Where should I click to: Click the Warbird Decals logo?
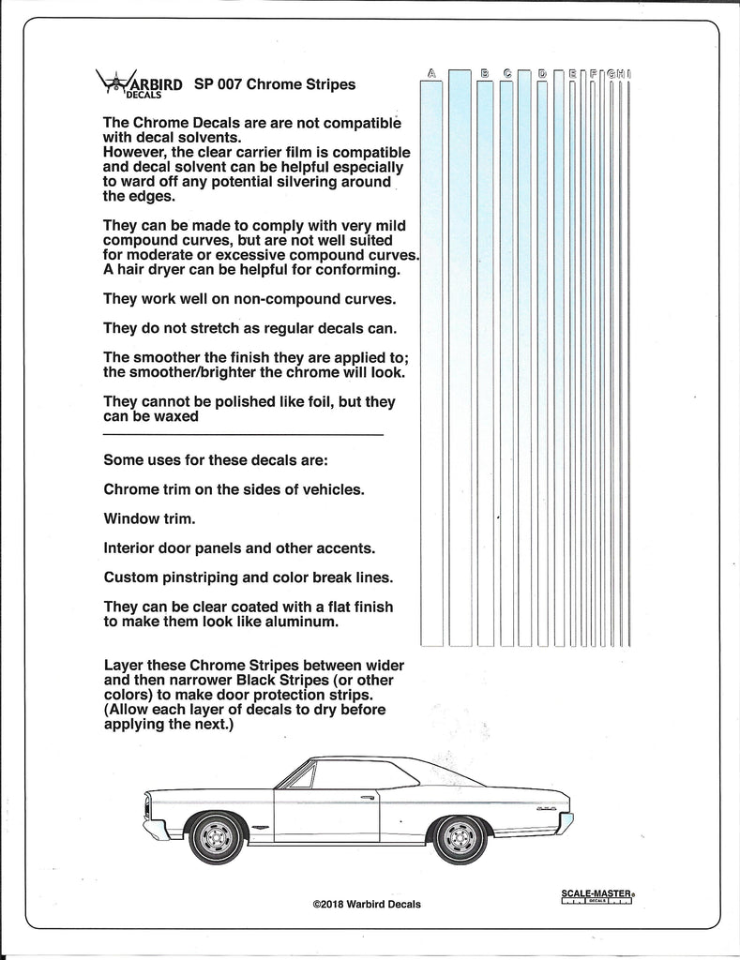point(139,86)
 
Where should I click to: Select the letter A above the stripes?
point(431,73)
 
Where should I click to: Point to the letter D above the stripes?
point(542,73)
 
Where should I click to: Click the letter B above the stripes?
point(485,73)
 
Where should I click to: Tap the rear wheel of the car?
point(461,837)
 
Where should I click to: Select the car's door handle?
point(368,798)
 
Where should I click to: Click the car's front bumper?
point(155,831)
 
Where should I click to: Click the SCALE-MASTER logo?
point(596,896)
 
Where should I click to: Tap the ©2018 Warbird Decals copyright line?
point(367,905)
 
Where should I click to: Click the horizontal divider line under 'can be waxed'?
point(242,435)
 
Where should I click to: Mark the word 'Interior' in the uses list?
point(130,547)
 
